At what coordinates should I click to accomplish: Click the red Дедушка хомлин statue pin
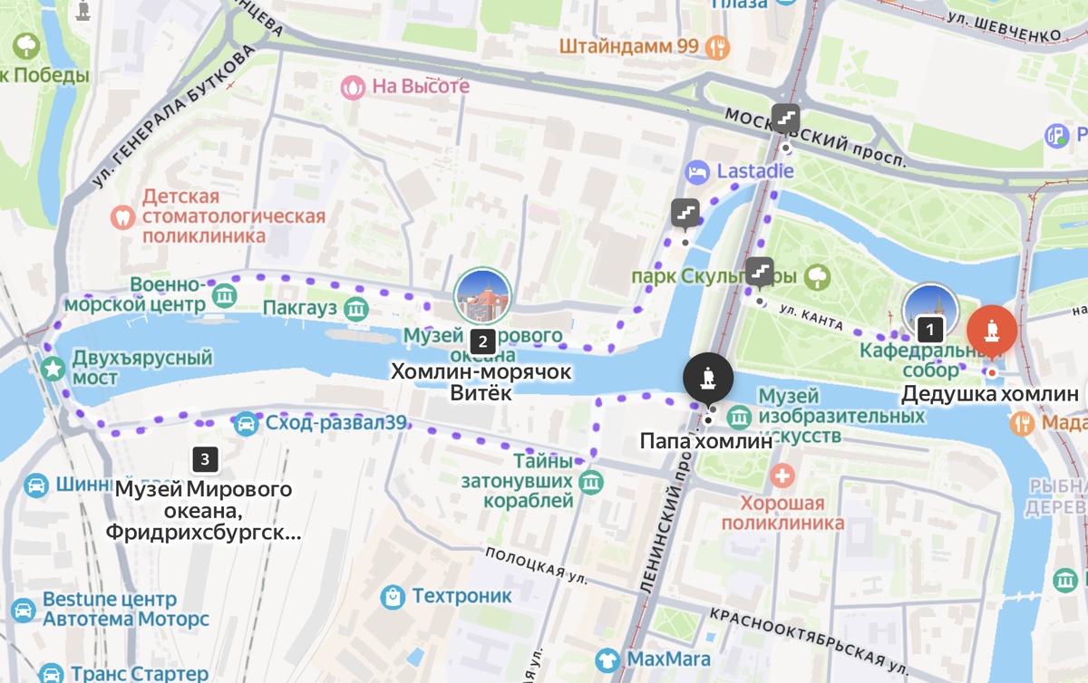991,332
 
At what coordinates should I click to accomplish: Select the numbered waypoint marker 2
482,341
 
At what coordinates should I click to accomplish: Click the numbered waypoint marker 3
205,459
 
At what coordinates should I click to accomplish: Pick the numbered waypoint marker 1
928,329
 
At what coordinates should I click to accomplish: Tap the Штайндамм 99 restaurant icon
719,46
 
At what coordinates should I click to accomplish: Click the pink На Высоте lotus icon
352,87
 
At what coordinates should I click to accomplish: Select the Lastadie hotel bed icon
697,171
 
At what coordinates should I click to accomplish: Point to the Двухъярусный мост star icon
53,368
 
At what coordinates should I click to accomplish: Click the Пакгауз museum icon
357,309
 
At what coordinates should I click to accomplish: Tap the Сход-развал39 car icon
246,423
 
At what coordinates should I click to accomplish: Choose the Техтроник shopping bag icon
393,596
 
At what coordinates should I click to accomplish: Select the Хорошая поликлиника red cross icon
782,476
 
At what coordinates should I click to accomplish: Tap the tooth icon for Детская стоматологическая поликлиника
122,217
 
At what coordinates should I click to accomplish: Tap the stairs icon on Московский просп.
785,118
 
